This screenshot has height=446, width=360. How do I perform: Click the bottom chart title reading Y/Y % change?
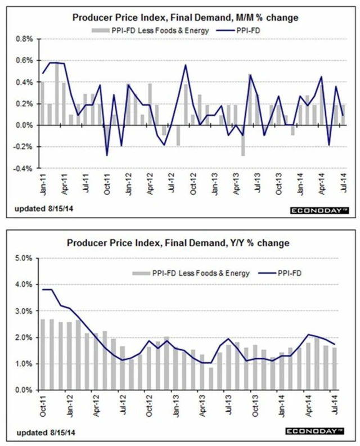point(180,243)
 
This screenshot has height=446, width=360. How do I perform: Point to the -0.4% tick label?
point(23,168)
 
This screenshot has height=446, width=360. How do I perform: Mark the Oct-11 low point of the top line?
point(107,155)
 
